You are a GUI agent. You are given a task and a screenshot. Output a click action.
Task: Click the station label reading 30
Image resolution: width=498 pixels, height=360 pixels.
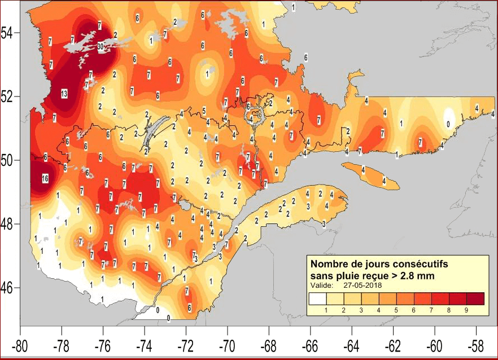[101, 46]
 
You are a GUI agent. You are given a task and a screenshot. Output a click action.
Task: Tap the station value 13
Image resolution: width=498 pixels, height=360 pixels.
[64, 94]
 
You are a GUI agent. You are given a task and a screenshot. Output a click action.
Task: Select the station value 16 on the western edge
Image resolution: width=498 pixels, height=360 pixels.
[45, 179]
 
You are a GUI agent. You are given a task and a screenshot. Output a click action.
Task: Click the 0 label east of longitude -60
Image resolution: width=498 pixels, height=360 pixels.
[448, 124]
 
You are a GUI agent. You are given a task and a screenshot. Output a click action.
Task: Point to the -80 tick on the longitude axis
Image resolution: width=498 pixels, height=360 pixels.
[21, 344]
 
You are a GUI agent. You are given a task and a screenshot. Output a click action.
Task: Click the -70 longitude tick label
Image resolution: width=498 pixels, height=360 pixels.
[228, 344]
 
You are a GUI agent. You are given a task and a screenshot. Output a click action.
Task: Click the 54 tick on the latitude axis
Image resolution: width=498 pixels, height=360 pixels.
[9, 33]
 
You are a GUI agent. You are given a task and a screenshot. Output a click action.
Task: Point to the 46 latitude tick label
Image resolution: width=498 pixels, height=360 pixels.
[9, 288]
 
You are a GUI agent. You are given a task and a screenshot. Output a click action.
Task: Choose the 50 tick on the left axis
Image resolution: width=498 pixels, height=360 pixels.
[9, 160]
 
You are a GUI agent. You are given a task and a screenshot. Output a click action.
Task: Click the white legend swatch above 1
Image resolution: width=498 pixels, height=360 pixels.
[318, 298]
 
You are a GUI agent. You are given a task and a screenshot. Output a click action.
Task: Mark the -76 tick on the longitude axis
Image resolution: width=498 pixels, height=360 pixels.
[103, 344]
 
